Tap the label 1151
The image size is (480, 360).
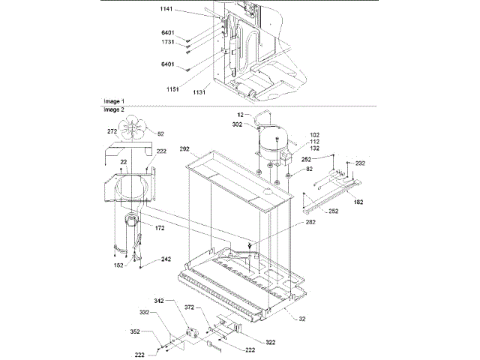point(174,88)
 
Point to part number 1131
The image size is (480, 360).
point(200,92)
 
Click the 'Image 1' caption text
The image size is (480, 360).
point(114,100)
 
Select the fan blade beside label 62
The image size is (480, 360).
point(135,129)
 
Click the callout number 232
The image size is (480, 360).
point(361,163)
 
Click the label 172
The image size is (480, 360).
point(160,227)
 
